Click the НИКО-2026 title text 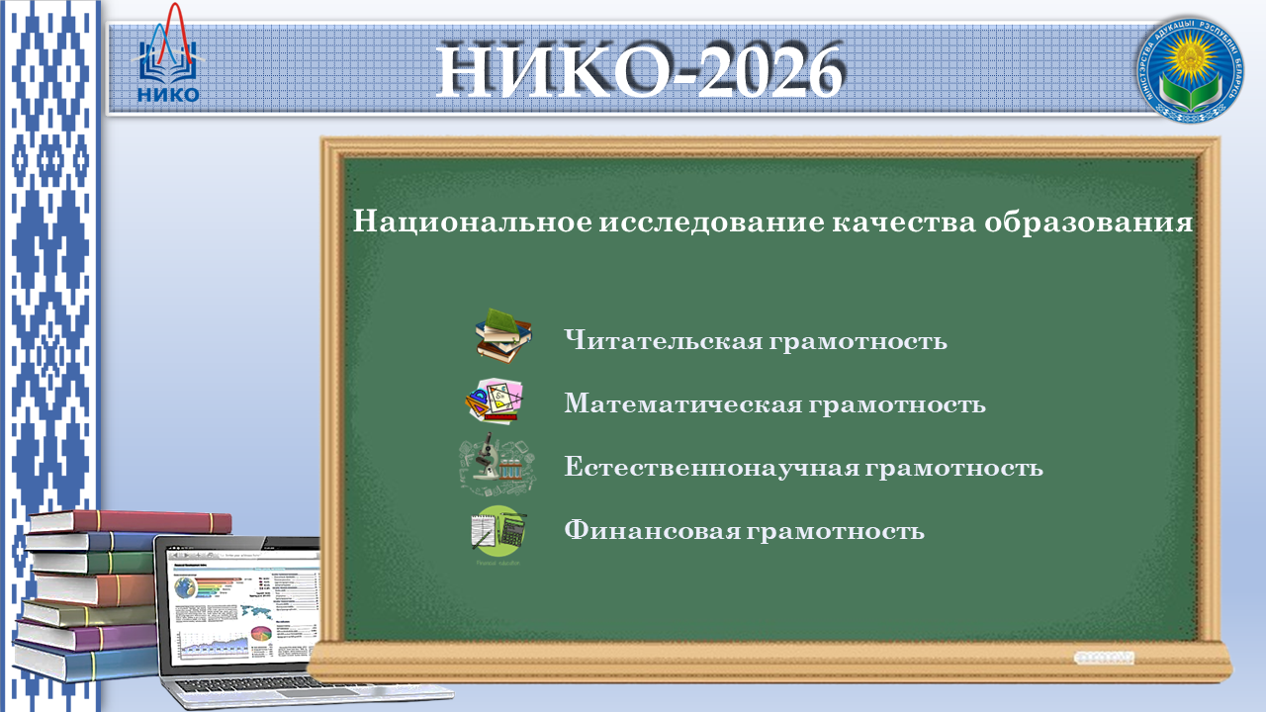[x=640, y=71]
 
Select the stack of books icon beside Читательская [x=502, y=336]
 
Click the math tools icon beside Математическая [x=496, y=400]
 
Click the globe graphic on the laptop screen [x=185, y=588]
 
